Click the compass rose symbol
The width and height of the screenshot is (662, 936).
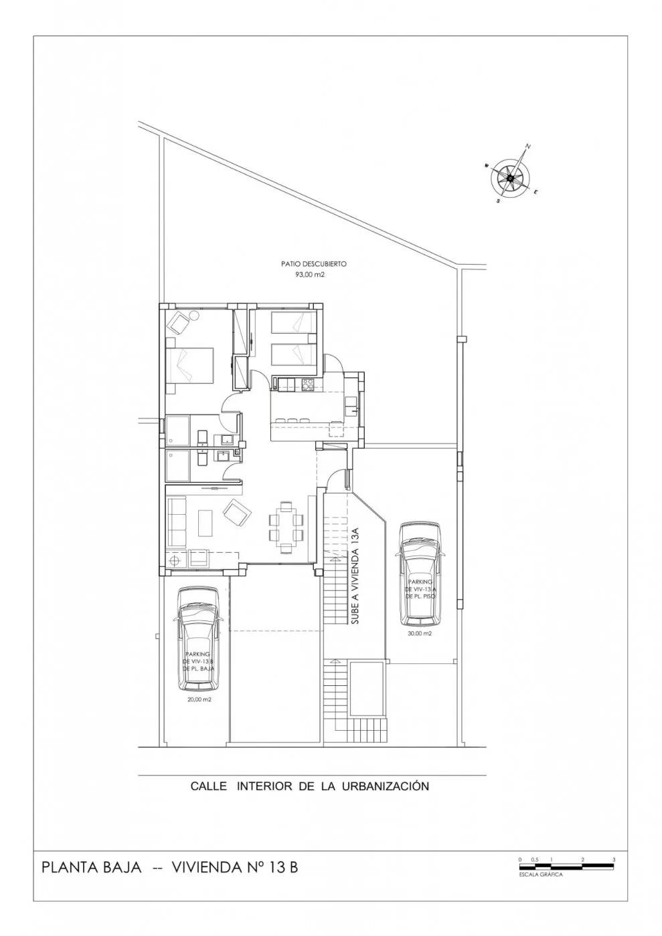[510, 177]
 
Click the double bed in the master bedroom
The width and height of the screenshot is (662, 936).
[189, 364]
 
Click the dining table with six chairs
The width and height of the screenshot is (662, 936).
[285, 519]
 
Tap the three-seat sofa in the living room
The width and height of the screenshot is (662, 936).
[177, 520]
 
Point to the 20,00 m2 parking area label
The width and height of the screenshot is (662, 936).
[199, 699]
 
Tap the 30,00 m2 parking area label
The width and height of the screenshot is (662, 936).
[419, 632]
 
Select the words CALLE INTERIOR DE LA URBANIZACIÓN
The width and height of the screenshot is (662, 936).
[309, 786]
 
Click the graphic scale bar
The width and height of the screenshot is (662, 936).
[566, 866]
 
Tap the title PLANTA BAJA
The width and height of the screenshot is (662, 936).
[92, 868]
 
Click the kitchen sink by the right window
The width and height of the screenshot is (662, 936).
[350, 402]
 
